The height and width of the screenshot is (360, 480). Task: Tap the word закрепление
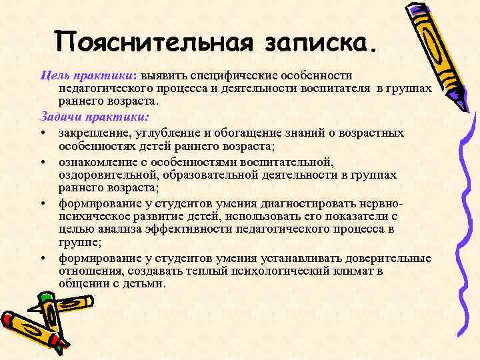[x=93, y=133]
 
